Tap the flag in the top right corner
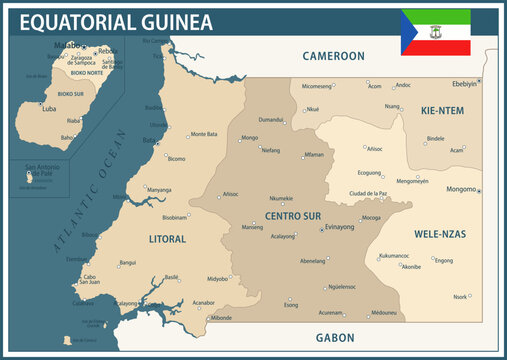click(x=436, y=32)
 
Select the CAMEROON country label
click(x=333, y=56)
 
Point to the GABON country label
click(x=335, y=338)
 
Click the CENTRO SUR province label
click(x=293, y=215)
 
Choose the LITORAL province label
click(x=167, y=239)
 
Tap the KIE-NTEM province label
click(x=442, y=110)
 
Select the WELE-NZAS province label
click(x=440, y=233)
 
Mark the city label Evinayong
click(x=346, y=227)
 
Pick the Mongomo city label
click(x=461, y=189)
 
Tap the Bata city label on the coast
click(x=149, y=141)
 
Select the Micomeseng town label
click(x=317, y=86)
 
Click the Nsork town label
click(x=460, y=296)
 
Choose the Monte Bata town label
click(x=204, y=134)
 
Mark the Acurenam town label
click(x=331, y=312)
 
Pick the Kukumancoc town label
click(x=394, y=256)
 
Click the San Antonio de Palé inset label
click(x=43, y=169)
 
